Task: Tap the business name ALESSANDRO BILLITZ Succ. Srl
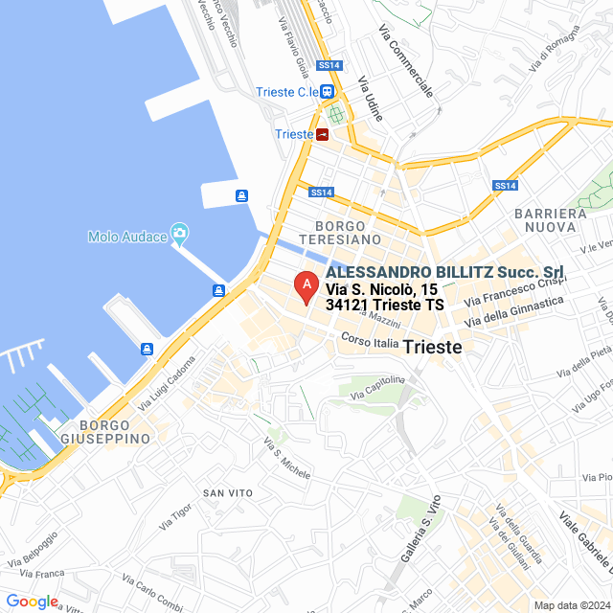pos(444,272)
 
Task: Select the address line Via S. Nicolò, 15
pos(381,288)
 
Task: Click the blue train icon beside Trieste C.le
pos(328,92)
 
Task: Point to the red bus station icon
pos(323,134)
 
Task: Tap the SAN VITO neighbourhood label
pos(227,492)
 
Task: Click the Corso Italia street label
pos(370,341)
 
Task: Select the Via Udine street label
pos(370,100)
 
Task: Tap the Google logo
pos(32,602)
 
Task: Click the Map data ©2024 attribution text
pos(571,605)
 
